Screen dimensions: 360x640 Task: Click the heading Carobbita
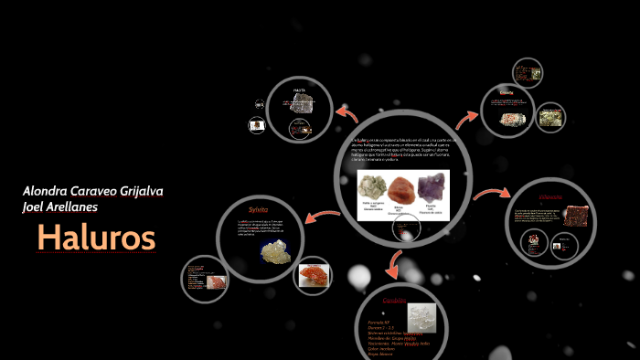pyautogui.click(x=394, y=300)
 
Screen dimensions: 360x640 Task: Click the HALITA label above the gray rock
pyautogui.click(x=299, y=90)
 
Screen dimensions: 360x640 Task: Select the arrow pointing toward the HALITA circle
pyautogui.click(x=347, y=113)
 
